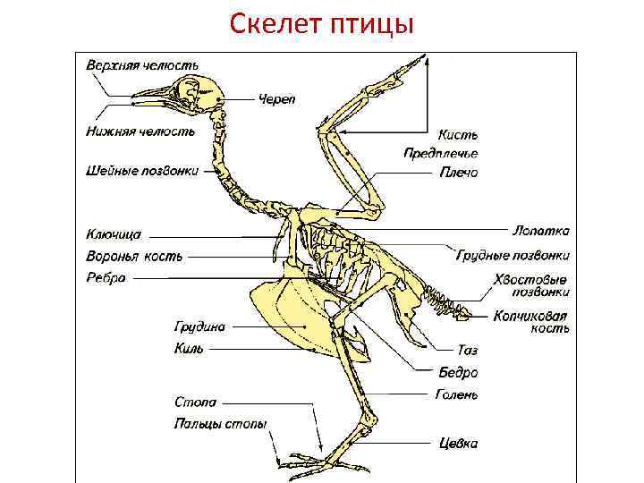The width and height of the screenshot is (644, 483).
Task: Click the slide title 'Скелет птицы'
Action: coord(322,23)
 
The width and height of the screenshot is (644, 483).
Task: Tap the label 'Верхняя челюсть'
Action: coord(142,66)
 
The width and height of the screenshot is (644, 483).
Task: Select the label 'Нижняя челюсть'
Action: coord(140,131)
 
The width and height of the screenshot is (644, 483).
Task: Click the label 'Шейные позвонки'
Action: coord(142,170)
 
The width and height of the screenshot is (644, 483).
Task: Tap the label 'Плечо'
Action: coord(458,172)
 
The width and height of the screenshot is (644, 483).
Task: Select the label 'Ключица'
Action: coord(114,234)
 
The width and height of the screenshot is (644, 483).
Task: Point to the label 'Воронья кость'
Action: coord(134,257)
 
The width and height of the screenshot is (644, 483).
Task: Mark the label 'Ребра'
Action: coord(106,278)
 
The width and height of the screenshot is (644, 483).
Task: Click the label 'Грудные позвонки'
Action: coord(513,255)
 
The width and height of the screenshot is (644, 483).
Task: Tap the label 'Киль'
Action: coord(189,349)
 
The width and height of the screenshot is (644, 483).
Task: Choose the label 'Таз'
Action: coord(467,351)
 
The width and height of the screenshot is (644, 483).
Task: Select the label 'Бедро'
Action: coord(457,372)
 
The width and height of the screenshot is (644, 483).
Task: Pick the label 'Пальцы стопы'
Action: coord(220,424)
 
